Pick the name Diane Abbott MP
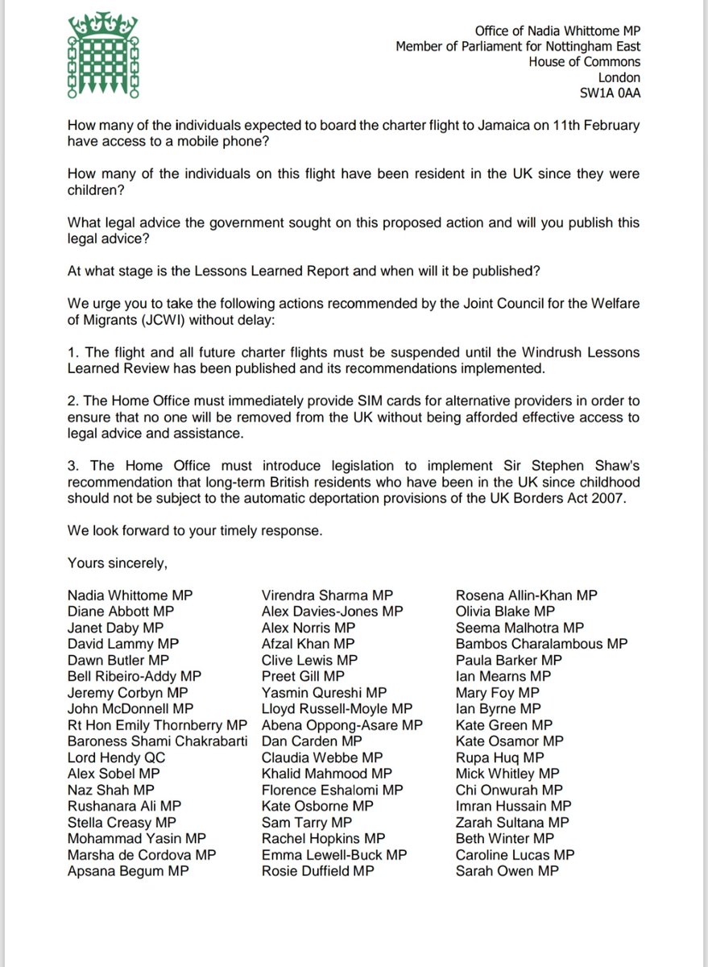[x=121, y=611]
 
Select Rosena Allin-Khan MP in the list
[x=526, y=595]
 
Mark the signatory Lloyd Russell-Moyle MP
[x=337, y=708]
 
